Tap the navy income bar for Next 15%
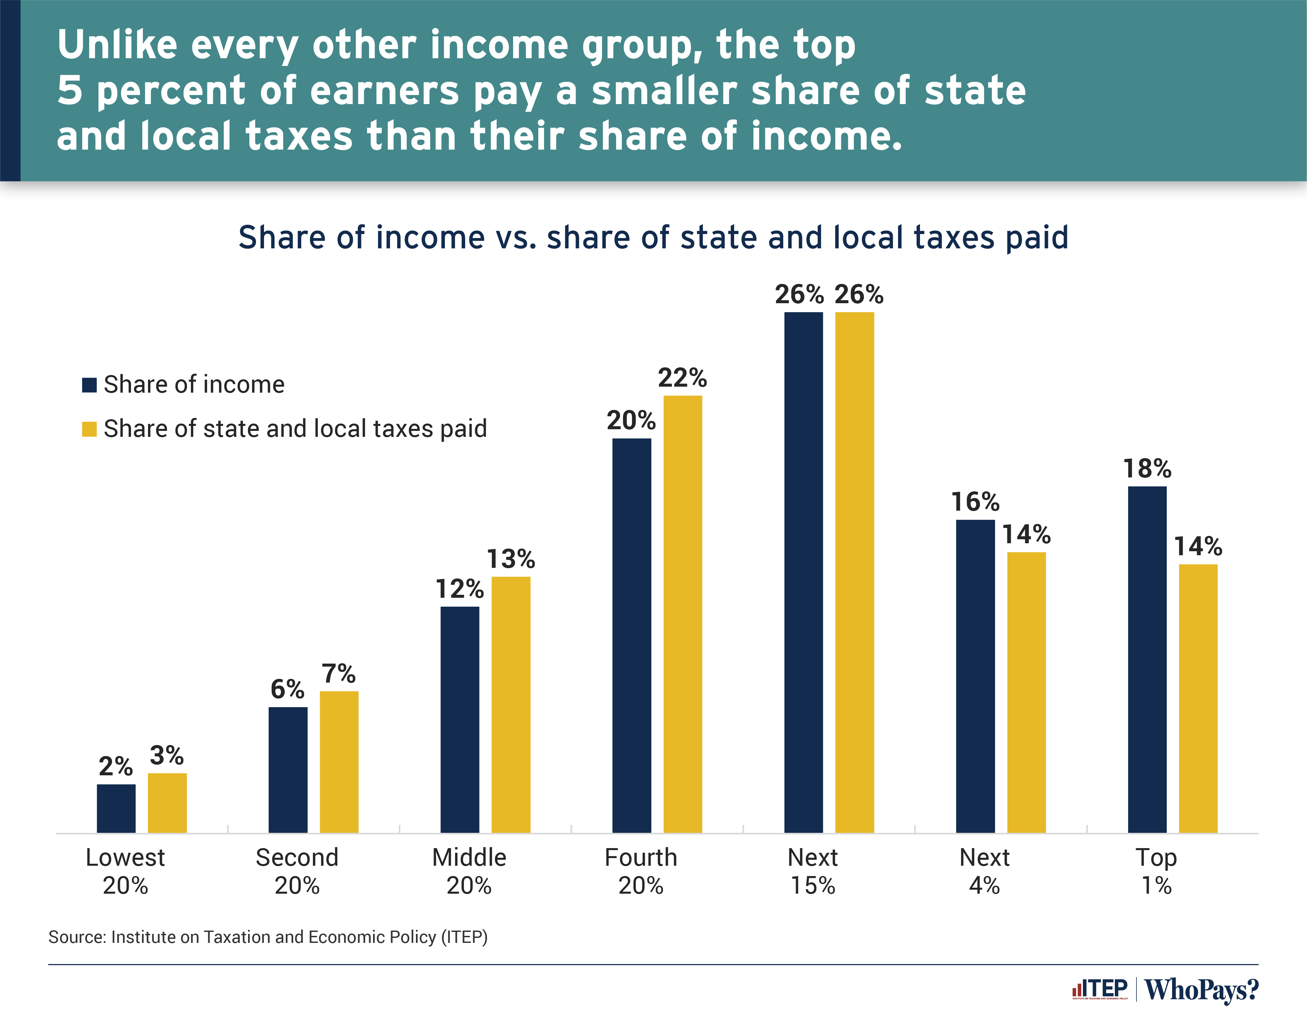803,572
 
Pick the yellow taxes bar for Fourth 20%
682,614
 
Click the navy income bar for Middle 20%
459,719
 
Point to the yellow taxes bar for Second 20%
339,762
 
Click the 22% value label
682,378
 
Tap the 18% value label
1147,468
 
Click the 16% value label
975,501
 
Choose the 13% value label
510,559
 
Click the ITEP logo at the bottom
1100,989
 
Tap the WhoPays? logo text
1201,990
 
